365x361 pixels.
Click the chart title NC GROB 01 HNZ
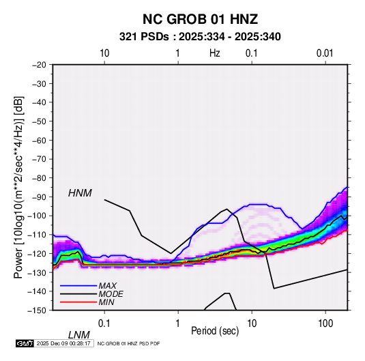point(200,19)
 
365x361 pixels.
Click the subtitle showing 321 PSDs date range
point(200,37)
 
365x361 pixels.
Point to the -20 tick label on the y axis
point(39,65)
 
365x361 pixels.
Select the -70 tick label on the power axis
point(39,159)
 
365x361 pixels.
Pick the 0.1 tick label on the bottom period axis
point(104,323)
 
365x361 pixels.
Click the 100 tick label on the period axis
point(325,323)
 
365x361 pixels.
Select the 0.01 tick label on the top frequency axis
point(325,53)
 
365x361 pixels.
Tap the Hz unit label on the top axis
point(215,53)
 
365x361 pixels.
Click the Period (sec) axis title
point(215,331)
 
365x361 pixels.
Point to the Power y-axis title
point(18,187)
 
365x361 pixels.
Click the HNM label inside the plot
point(80,193)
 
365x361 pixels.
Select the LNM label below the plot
point(79,335)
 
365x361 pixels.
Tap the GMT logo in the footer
point(25,343)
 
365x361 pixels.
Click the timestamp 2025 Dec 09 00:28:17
point(63,343)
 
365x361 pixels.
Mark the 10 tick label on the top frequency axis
point(104,53)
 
